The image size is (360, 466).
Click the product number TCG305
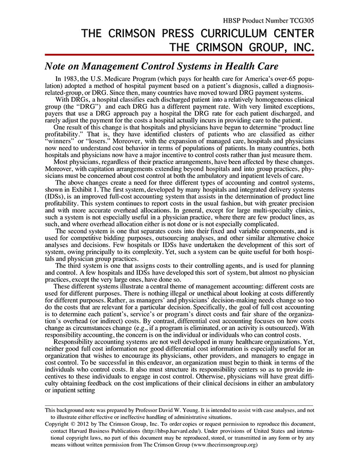click(300, 21)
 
